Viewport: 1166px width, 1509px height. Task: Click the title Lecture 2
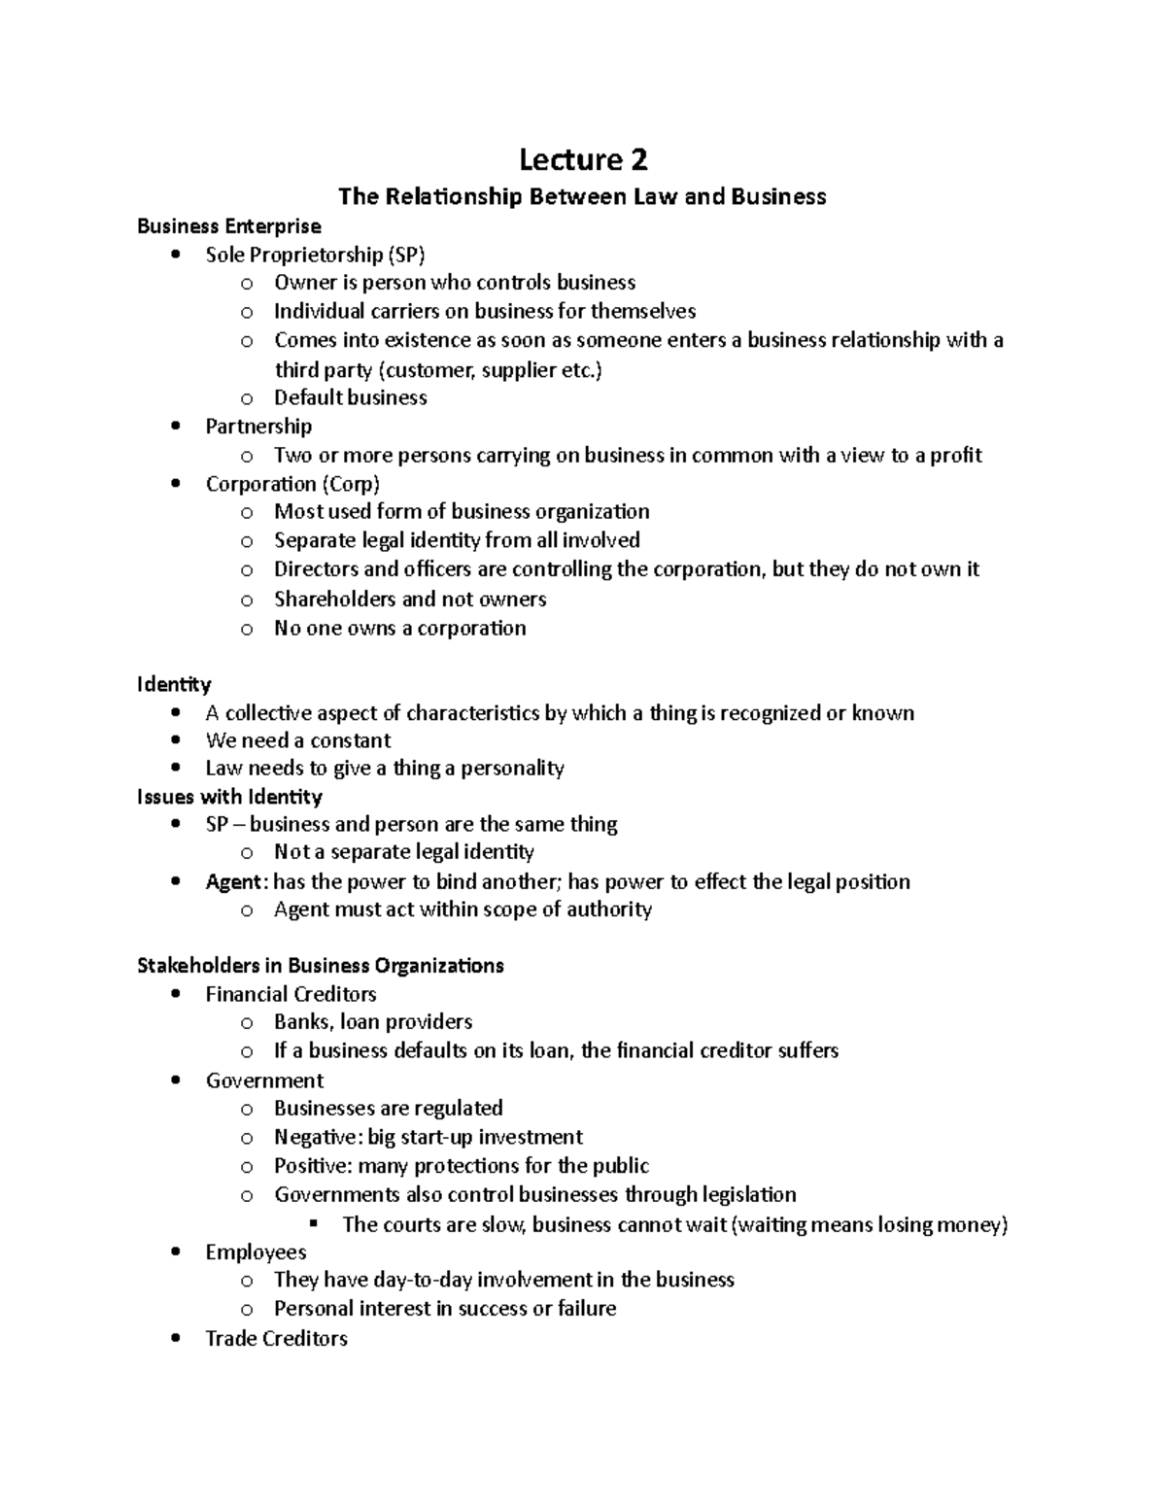(x=582, y=158)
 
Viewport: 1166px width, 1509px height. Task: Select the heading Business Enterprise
(x=228, y=226)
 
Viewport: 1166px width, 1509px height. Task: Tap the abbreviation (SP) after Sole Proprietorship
(x=405, y=255)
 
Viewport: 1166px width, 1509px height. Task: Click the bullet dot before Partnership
(x=175, y=426)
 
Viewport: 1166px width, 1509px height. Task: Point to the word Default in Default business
(x=308, y=397)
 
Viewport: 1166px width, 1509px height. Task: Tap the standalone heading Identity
(x=174, y=684)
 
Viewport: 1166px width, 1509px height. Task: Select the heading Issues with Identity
(x=229, y=797)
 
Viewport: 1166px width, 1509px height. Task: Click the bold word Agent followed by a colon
(x=233, y=882)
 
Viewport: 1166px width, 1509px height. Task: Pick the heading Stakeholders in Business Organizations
(x=321, y=966)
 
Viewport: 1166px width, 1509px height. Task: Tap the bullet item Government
(x=264, y=1080)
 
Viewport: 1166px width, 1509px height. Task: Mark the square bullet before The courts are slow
(x=313, y=1223)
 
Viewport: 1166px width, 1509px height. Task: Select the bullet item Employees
(x=256, y=1252)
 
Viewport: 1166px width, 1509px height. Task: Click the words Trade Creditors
(x=276, y=1339)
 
